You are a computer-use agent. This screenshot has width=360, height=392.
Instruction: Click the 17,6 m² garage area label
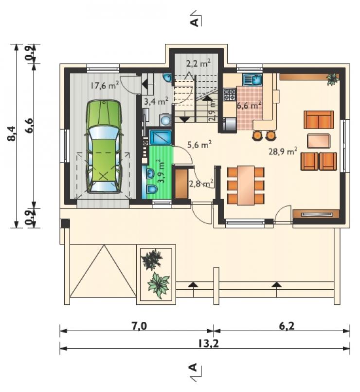[104, 86]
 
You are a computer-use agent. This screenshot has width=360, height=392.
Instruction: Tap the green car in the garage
[104, 146]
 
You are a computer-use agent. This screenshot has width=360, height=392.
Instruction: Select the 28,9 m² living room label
[283, 151]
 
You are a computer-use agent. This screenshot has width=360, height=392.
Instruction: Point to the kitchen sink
[252, 80]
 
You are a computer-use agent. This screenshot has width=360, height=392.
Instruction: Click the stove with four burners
[230, 95]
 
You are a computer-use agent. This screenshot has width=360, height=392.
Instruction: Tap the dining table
[246, 185]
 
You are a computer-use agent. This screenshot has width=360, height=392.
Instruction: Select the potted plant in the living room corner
[333, 79]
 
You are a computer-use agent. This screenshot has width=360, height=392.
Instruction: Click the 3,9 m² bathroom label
[161, 172]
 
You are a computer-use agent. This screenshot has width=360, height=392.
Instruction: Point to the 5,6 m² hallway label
[199, 144]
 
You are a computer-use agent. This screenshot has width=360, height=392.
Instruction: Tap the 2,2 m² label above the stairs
[198, 63]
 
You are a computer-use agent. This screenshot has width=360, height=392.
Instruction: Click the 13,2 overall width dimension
[209, 343]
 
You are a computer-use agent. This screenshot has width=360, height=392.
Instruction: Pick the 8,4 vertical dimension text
[12, 133]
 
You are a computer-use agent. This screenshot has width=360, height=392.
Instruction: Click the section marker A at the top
[195, 22]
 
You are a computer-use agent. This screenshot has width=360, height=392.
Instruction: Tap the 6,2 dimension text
[287, 326]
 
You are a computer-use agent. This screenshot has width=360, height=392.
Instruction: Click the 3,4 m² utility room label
[156, 101]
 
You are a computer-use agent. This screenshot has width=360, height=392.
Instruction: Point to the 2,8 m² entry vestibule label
[201, 184]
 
